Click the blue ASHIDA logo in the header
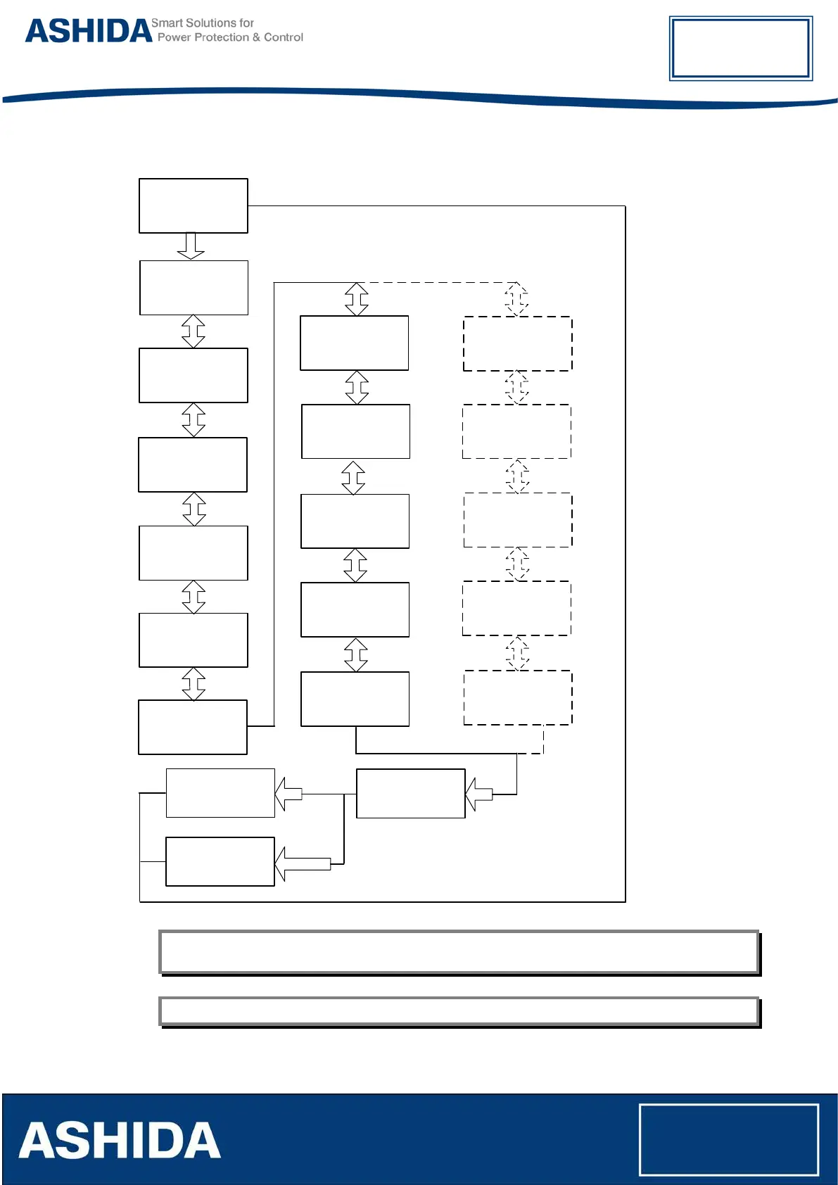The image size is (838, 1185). pyautogui.click(x=89, y=32)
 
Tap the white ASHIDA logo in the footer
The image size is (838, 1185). pyautogui.click(x=120, y=1141)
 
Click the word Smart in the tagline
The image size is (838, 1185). pyautogui.click(x=166, y=23)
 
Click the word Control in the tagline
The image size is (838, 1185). pyautogui.click(x=284, y=37)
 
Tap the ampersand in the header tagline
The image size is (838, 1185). pyautogui.click(x=256, y=37)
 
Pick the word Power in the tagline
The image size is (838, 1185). pyautogui.click(x=174, y=37)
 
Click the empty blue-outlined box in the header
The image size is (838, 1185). pyautogui.click(x=740, y=49)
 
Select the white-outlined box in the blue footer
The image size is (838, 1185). pyautogui.click(x=729, y=1139)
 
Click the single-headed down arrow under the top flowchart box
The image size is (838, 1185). pyautogui.click(x=191, y=246)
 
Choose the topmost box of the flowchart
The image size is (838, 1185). pyautogui.click(x=193, y=205)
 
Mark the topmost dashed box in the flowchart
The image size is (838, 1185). pyautogui.click(x=518, y=343)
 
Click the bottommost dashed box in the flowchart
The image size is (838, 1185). pyautogui.click(x=518, y=697)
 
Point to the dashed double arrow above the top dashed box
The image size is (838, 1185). pyautogui.click(x=516, y=299)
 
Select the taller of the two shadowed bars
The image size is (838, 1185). pyautogui.click(x=459, y=952)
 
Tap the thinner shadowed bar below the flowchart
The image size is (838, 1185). pyautogui.click(x=459, y=1011)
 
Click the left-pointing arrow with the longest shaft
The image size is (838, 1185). pyautogui.click(x=303, y=863)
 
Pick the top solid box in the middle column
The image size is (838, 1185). pyautogui.click(x=355, y=343)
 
